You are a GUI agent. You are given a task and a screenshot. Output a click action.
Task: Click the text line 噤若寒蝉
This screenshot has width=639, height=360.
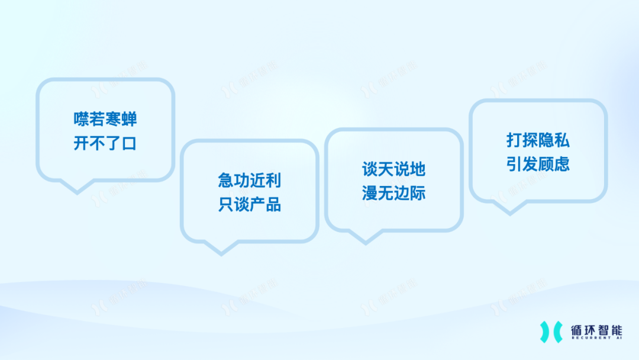(x=105, y=119)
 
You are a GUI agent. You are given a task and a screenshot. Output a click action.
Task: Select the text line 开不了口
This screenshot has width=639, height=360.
(x=105, y=143)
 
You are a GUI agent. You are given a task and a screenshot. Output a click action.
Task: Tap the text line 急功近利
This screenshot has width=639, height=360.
(x=250, y=180)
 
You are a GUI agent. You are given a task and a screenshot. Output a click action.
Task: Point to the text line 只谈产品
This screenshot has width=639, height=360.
(x=250, y=204)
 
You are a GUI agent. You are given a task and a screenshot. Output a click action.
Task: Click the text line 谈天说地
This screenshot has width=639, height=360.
(x=393, y=169)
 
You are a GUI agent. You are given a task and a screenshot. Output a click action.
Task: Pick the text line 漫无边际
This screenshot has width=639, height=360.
(x=393, y=193)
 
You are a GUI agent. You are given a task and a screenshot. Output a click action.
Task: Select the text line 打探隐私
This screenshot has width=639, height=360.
(x=538, y=140)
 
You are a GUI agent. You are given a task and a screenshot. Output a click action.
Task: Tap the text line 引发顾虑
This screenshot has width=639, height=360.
(x=538, y=164)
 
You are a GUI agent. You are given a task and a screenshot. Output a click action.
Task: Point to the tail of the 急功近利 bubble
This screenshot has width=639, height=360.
(x=221, y=249)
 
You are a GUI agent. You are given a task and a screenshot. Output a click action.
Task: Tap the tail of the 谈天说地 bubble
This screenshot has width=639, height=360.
(x=366, y=237)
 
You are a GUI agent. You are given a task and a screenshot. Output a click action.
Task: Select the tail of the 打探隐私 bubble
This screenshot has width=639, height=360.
(x=510, y=208)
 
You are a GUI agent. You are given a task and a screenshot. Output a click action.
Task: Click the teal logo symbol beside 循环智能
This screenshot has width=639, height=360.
(x=551, y=332)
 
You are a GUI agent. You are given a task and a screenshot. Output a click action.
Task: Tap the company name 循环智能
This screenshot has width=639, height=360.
(x=596, y=330)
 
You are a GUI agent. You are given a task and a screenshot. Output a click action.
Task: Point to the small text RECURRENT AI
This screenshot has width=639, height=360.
(x=596, y=338)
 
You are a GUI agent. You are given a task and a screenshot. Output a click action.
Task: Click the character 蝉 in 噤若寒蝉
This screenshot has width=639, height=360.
(x=130, y=119)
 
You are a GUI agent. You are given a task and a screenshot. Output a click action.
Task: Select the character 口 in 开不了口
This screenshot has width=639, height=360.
(x=130, y=143)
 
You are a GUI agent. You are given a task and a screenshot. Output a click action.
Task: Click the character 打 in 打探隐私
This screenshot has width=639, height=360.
(x=514, y=140)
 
